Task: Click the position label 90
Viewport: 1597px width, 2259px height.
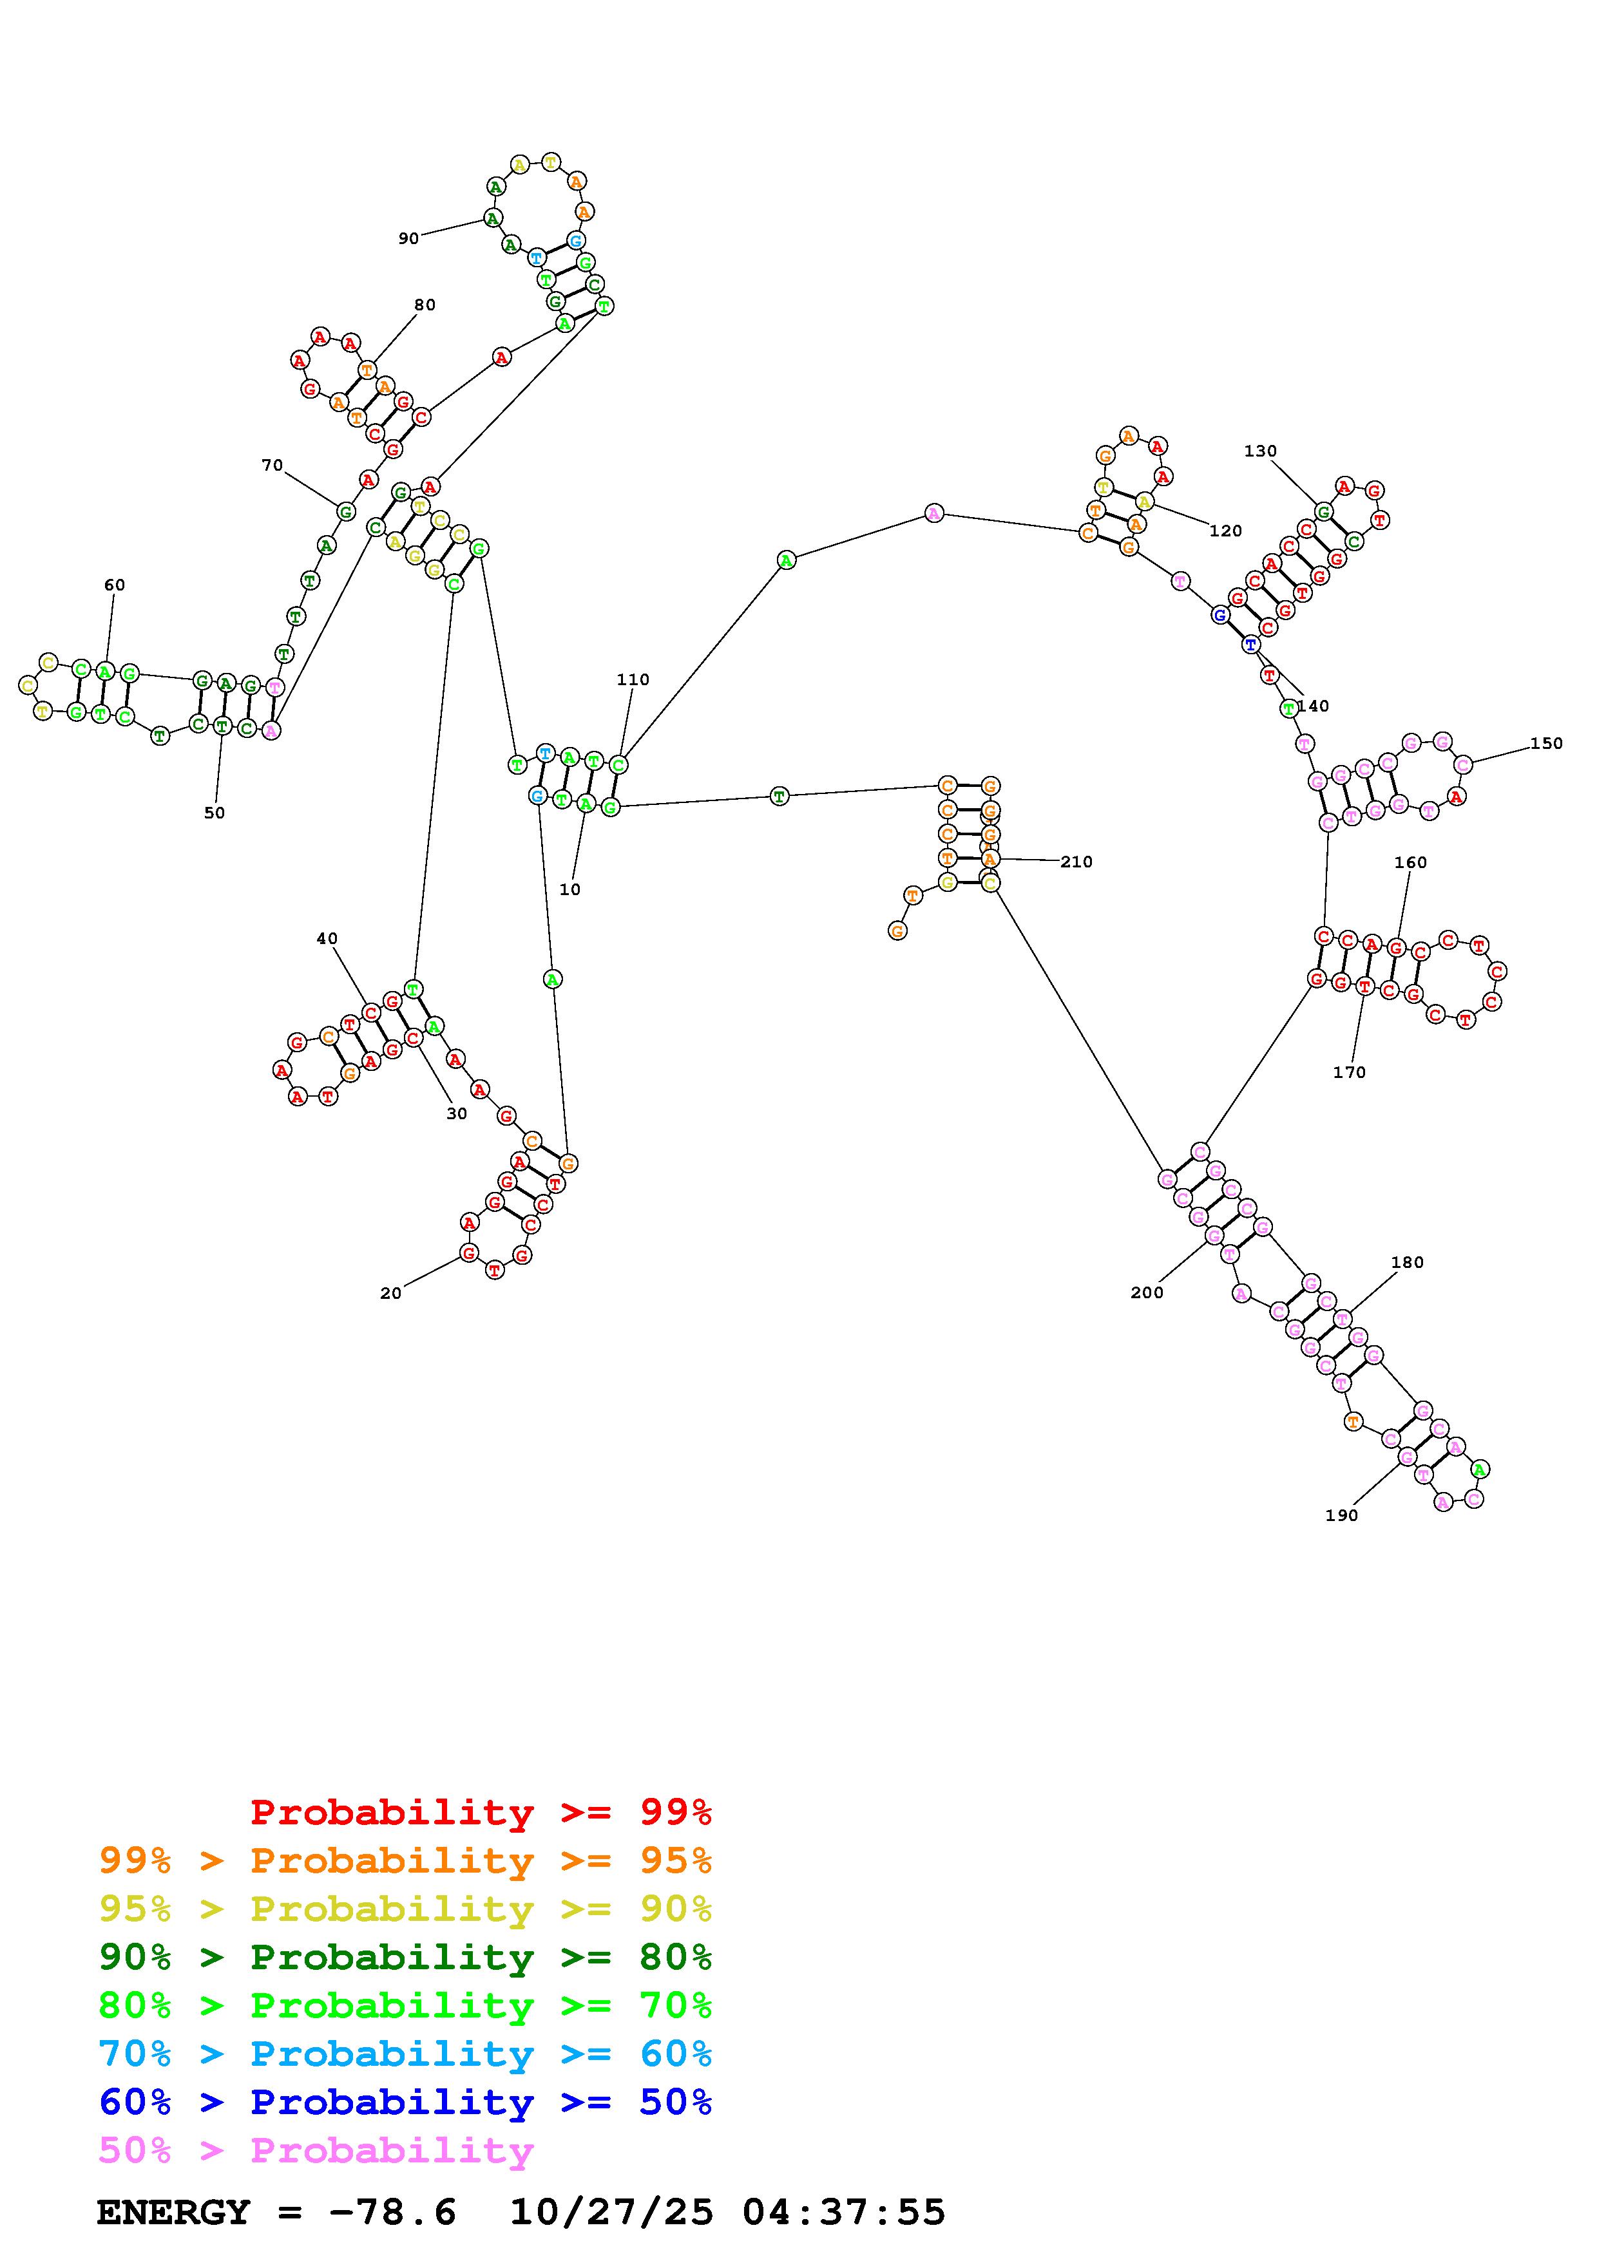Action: pos(408,238)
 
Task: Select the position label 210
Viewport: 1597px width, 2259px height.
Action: pos(1076,862)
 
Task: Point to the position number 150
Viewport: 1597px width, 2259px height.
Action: pos(1546,744)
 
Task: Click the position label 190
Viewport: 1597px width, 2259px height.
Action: pos(1341,1516)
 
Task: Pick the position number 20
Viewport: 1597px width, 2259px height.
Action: pos(390,1294)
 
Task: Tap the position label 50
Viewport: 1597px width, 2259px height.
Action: pos(215,814)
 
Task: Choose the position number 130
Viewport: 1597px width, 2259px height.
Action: pos(1261,451)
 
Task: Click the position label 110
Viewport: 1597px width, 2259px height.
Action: pos(633,680)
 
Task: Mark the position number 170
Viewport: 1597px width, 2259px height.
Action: pos(1349,1073)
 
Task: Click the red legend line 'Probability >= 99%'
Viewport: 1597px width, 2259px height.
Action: pos(481,1812)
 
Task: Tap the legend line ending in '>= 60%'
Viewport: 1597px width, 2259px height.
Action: pos(405,2054)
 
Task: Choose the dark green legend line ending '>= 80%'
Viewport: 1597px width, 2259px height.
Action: pos(405,1958)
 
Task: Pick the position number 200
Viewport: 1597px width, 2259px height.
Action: pos(1147,1294)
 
